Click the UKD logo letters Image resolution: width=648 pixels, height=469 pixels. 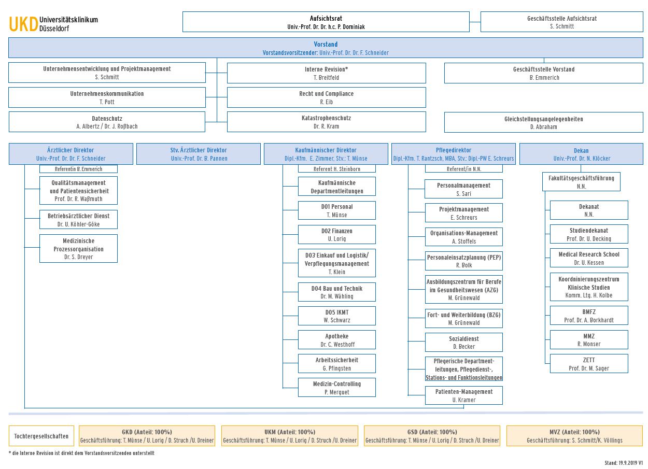coord(23,24)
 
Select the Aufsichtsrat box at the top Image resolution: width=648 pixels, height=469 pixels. coord(326,22)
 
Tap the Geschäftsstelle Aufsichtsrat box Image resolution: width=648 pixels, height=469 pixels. coord(561,22)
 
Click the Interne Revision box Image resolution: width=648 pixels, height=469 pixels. coord(326,73)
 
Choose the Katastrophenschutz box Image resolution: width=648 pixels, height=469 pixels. coord(326,122)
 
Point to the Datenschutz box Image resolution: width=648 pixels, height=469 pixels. coord(107,122)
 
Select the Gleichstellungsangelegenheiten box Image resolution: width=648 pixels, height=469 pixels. coord(543,122)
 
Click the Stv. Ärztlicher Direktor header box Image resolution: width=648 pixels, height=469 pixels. coord(199,154)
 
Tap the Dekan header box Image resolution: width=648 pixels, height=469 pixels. coord(581,154)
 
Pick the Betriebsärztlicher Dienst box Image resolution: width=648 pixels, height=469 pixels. coord(78,220)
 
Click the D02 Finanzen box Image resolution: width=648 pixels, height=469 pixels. coord(336,235)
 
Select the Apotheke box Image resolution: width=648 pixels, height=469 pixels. coord(336,340)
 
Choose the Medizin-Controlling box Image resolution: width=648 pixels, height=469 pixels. coord(336,388)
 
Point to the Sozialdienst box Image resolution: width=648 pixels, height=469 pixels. coord(463,343)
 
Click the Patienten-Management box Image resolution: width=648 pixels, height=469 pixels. coord(463,395)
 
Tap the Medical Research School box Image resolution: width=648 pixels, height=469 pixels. coord(588,258)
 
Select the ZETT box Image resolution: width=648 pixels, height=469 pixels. coord(588,364)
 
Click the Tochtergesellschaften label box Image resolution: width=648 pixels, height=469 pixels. coord(41,436)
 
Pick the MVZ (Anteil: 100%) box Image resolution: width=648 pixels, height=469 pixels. coord(574,436)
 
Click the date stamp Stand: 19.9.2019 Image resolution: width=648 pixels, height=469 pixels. coord(623,463)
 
